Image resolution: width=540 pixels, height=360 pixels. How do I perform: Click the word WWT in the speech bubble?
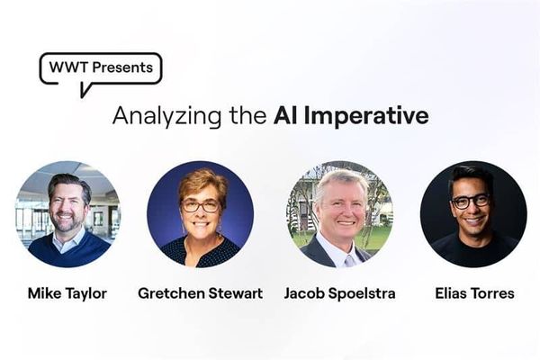tap(69, 67)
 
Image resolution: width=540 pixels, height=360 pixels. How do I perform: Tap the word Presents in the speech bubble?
tap(122, 67)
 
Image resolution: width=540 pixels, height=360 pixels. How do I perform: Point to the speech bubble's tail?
tap(85, 90)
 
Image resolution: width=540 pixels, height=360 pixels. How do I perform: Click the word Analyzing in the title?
tap(167, 116)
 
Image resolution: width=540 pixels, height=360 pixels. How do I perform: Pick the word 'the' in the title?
tap(248, 115)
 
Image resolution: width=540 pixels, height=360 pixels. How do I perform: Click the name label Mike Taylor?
tap(67, 293)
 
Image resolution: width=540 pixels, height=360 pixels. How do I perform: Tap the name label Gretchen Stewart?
tap(201, 293)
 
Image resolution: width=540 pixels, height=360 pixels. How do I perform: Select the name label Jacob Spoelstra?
tap(339, 293)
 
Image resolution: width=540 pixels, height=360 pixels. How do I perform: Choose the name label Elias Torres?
tap(474, 293)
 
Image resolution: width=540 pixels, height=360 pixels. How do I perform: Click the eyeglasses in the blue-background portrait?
tap(201, 206)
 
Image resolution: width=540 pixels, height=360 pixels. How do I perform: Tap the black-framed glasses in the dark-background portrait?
tap(471, 202)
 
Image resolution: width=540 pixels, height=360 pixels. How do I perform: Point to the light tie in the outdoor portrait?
tap(349, 261)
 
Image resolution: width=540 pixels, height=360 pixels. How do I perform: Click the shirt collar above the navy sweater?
tap(69, 240)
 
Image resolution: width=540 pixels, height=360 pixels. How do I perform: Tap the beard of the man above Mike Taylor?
tap(67, 222)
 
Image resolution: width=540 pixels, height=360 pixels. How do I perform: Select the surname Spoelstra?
tap(362, 293)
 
